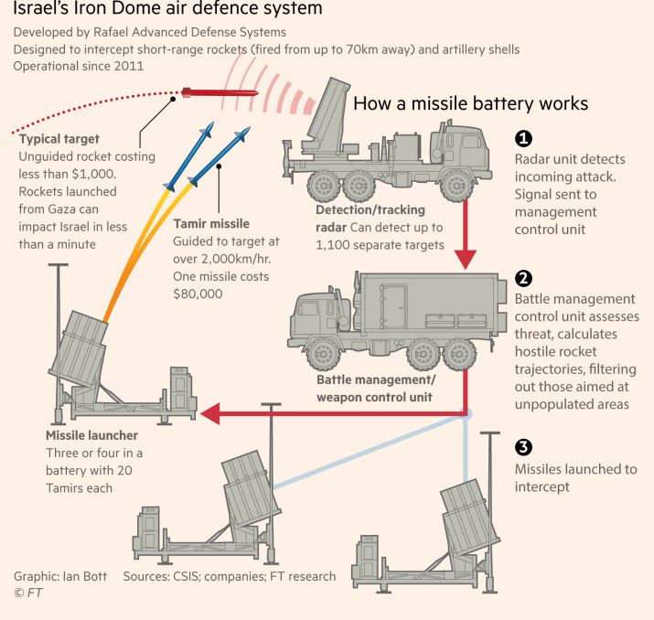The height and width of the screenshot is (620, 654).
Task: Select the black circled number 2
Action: tap(523, 278)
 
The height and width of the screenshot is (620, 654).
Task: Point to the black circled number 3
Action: tap(523, 448)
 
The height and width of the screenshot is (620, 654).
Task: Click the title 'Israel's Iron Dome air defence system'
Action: tap(168, 11)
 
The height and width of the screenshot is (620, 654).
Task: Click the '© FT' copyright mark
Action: tap(25, 593)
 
